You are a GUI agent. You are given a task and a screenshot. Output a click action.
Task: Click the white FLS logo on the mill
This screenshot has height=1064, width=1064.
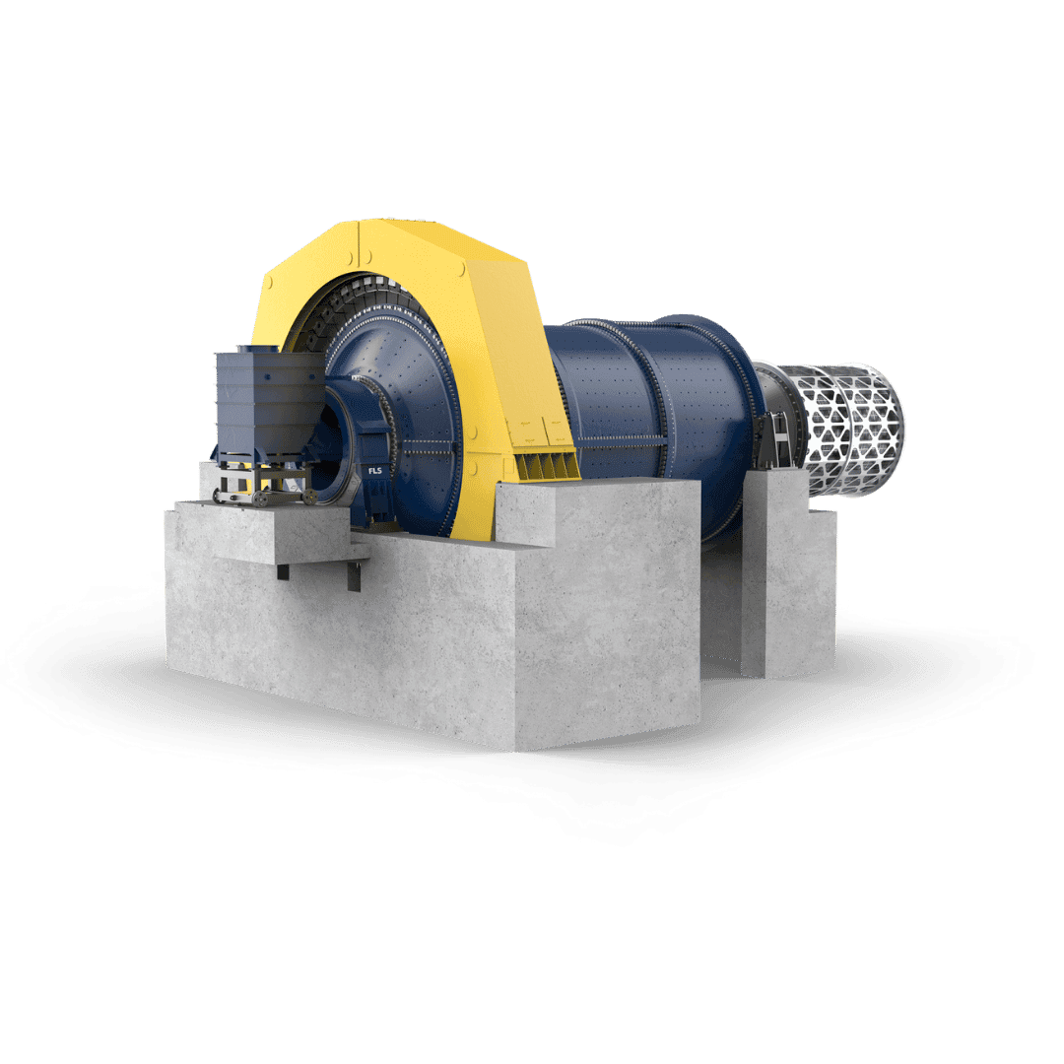click(374, 470)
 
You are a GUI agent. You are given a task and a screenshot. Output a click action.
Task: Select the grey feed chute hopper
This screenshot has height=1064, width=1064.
click(269, 404)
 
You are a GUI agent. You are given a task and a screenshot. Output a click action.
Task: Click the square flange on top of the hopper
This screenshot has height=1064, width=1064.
click(258, 349)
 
